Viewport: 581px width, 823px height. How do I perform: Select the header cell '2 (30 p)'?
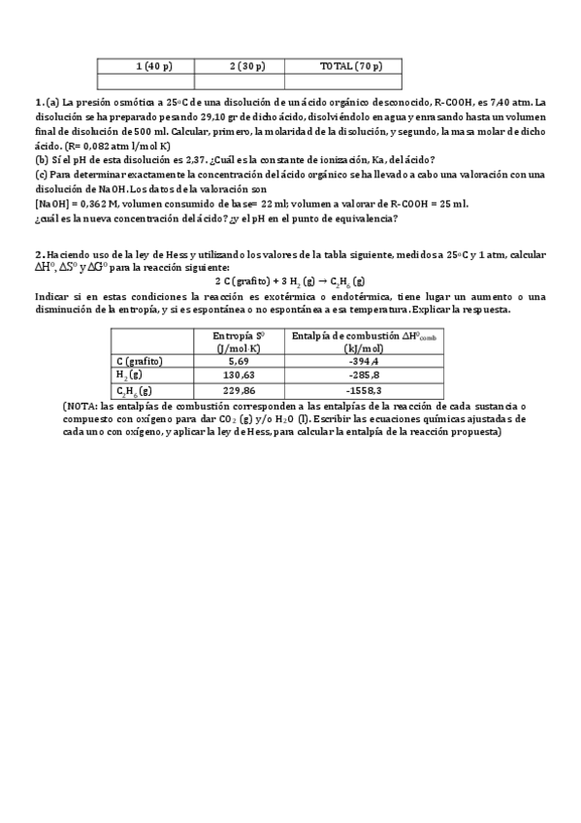(x=247, y=66)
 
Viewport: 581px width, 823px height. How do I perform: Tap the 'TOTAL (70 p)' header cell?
(x=351, y=66)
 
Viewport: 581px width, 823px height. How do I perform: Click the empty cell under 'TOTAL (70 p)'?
(x=351, y=81)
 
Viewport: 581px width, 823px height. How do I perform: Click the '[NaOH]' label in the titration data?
(x=50, y=204)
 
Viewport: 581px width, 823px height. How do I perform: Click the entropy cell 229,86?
(x=239, y=390)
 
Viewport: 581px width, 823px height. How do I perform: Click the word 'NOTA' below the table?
(x=82, y=406)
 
